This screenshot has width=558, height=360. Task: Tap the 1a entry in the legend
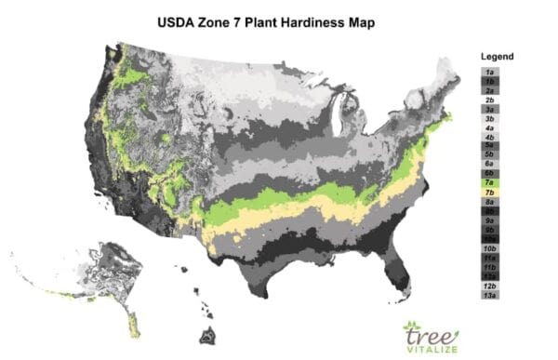pos(489,71)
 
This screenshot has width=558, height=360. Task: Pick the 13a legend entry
pos(489,295)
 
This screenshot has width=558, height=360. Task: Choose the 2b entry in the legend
pos(489,100)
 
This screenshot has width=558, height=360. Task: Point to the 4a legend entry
pos(489,127)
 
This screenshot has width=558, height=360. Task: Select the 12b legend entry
pos(489,286)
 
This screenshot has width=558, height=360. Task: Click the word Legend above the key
pos(498,57)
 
